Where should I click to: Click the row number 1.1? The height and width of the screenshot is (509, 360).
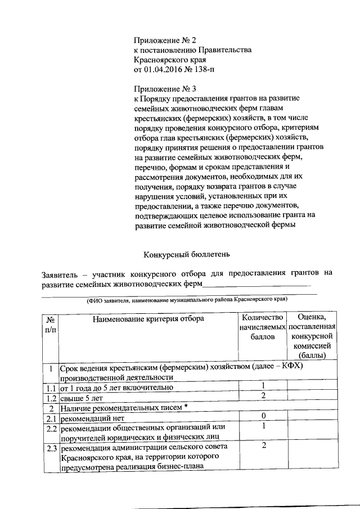pos(51,388)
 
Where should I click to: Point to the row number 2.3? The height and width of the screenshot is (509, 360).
pos(51,448)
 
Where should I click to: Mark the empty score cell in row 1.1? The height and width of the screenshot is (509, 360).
pos(312,388)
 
